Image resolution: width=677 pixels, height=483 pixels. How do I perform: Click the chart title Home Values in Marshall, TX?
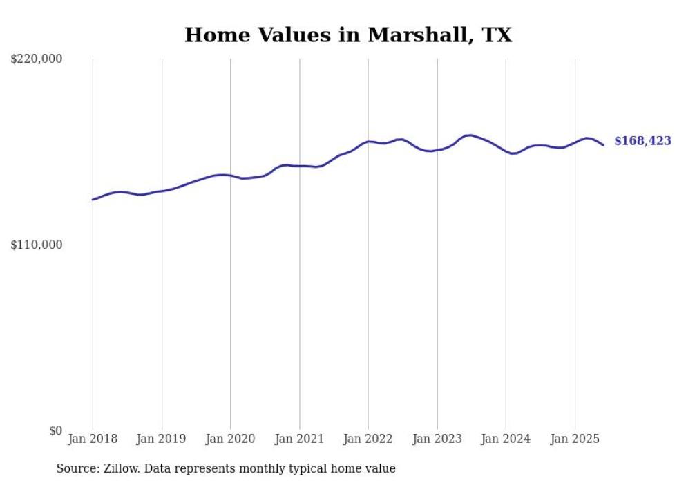tap(348, 35)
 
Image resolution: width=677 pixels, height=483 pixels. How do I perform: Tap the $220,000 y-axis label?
tap(36, 59)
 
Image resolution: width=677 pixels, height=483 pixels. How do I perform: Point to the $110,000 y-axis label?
tap(36, 245)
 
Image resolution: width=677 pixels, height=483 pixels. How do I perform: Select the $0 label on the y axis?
tap(55, 430)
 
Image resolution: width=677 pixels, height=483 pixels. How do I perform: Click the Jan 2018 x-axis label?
tap(93, 439)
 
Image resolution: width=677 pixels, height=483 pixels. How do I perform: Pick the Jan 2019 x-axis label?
tap(161, 439)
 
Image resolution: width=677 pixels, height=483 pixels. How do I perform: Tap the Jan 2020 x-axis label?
tap(230, 439)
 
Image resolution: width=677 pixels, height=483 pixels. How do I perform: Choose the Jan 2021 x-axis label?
tap(299, 439)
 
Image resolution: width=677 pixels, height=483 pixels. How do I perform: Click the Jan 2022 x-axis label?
tap(368, 439)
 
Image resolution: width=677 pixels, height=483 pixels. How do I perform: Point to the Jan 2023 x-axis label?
tap(437, 439)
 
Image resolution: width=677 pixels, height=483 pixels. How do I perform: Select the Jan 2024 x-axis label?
tap(506, 439)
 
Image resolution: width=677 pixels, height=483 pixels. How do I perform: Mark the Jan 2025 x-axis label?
tap(575, 439)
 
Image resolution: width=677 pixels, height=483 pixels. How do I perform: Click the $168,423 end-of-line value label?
tap(642, 141)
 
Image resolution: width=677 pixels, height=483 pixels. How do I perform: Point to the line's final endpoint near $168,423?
tap(603, 145)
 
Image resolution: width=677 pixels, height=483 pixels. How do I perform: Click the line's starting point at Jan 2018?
tap(93, 200)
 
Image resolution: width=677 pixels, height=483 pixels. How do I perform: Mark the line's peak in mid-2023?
tap(470, 135)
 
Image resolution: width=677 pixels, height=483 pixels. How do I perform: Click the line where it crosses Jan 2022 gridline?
tap(368, 142)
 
